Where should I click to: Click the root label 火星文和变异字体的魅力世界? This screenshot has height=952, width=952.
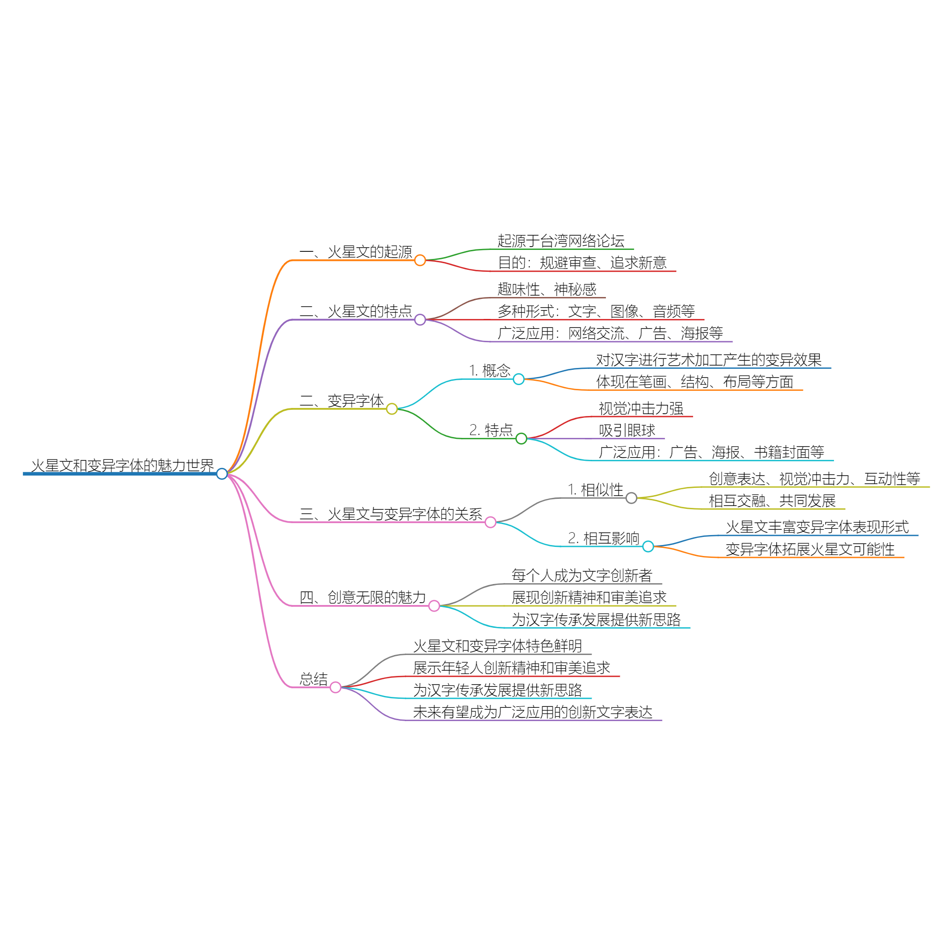(122, 465)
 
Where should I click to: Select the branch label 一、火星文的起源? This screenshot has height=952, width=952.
(355, 252)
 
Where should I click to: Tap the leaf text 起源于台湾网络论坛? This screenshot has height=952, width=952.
(561, 241)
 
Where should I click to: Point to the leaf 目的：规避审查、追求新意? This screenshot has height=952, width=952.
(582, 263)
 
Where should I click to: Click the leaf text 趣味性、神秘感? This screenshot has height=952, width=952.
(546, 289)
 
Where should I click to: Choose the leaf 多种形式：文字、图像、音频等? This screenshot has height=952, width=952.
(596, 311)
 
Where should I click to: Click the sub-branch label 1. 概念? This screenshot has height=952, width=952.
(489, 370)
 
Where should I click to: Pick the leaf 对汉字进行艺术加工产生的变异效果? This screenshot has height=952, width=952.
(709, 360)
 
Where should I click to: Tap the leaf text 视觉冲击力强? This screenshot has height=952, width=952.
(641, 408)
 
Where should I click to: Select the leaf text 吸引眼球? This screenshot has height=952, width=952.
(627, 430)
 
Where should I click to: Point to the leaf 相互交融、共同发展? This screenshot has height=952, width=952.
(772, 501)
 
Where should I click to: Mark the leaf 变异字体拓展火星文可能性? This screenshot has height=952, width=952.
(810, 549)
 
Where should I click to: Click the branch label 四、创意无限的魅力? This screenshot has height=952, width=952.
(362, 597)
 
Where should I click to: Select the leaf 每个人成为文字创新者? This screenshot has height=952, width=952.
(582, 575)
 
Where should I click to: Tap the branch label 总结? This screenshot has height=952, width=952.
(313, 679)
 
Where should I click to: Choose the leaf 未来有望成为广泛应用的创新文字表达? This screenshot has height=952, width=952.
(532, 712)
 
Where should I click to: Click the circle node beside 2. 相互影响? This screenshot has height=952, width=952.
(648, 546)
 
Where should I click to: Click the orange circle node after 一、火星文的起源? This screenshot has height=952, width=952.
(420, 260)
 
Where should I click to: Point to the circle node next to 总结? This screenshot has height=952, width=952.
(336, 687)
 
